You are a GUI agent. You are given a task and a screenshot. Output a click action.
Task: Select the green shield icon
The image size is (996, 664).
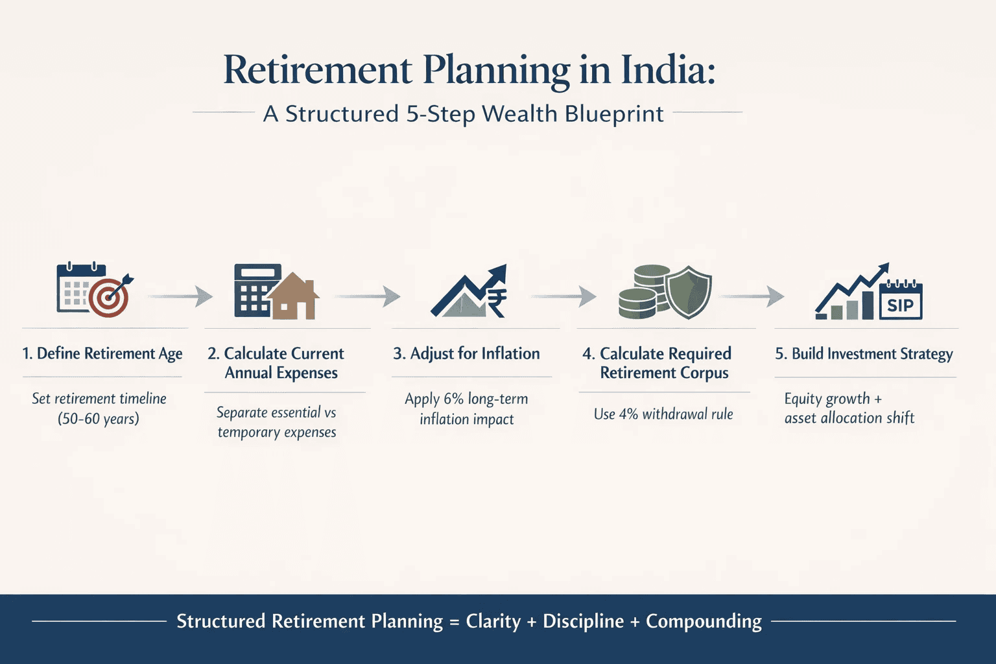(689, 292)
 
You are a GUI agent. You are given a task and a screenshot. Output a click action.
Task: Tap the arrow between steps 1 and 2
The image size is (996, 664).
(182, 296)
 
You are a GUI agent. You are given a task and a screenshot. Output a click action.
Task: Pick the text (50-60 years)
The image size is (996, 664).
(99, 419)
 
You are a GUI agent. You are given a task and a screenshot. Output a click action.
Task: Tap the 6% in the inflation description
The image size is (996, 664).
(453, 399)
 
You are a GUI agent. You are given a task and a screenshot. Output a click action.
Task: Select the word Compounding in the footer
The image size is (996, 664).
(704, 621)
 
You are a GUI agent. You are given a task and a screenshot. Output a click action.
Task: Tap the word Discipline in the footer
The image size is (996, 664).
(583, 621)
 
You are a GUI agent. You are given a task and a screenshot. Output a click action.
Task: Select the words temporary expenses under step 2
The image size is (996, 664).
(277, 433)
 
